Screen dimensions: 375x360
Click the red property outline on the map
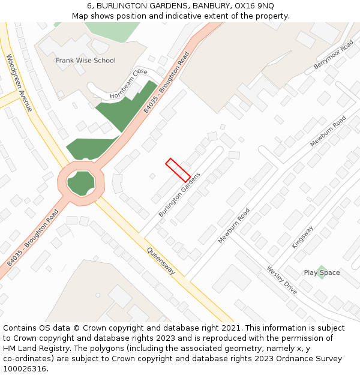tap(178, 170)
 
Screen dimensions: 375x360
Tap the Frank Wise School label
tap(85, 61)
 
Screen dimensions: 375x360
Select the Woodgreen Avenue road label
tap(19, 83)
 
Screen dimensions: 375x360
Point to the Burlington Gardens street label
tap(179, 194)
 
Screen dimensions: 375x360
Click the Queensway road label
tap(161, 262)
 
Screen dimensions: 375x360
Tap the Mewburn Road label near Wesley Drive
tap(234, 226)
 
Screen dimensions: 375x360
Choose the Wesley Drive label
tap(281, 280)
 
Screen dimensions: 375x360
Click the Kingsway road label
tap(302, 237)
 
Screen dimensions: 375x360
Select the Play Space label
tap(322, 272)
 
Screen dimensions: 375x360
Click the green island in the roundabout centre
tap(81, 182)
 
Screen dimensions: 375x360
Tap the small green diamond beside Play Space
tap(322, 272)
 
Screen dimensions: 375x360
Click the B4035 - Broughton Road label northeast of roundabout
tap(166, 82)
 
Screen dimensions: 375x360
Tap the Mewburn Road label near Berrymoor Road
tap(328, 131)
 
